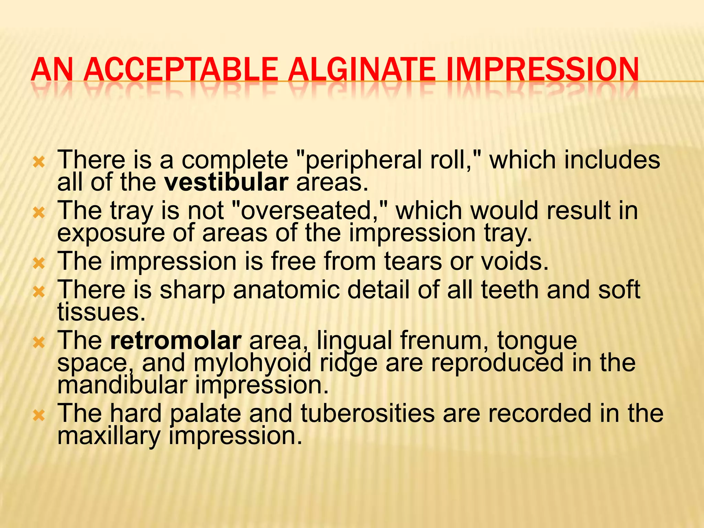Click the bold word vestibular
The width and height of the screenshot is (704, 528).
[226, 183]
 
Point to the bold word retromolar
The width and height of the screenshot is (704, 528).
[176, 340]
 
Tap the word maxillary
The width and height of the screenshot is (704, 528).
[109, 436]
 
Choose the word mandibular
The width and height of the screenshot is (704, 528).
[122, 385]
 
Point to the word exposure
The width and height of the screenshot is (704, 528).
[111, 233]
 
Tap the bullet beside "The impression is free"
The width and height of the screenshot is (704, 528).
[39, 263]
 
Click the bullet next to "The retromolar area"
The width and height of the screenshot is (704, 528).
[39, 342]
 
